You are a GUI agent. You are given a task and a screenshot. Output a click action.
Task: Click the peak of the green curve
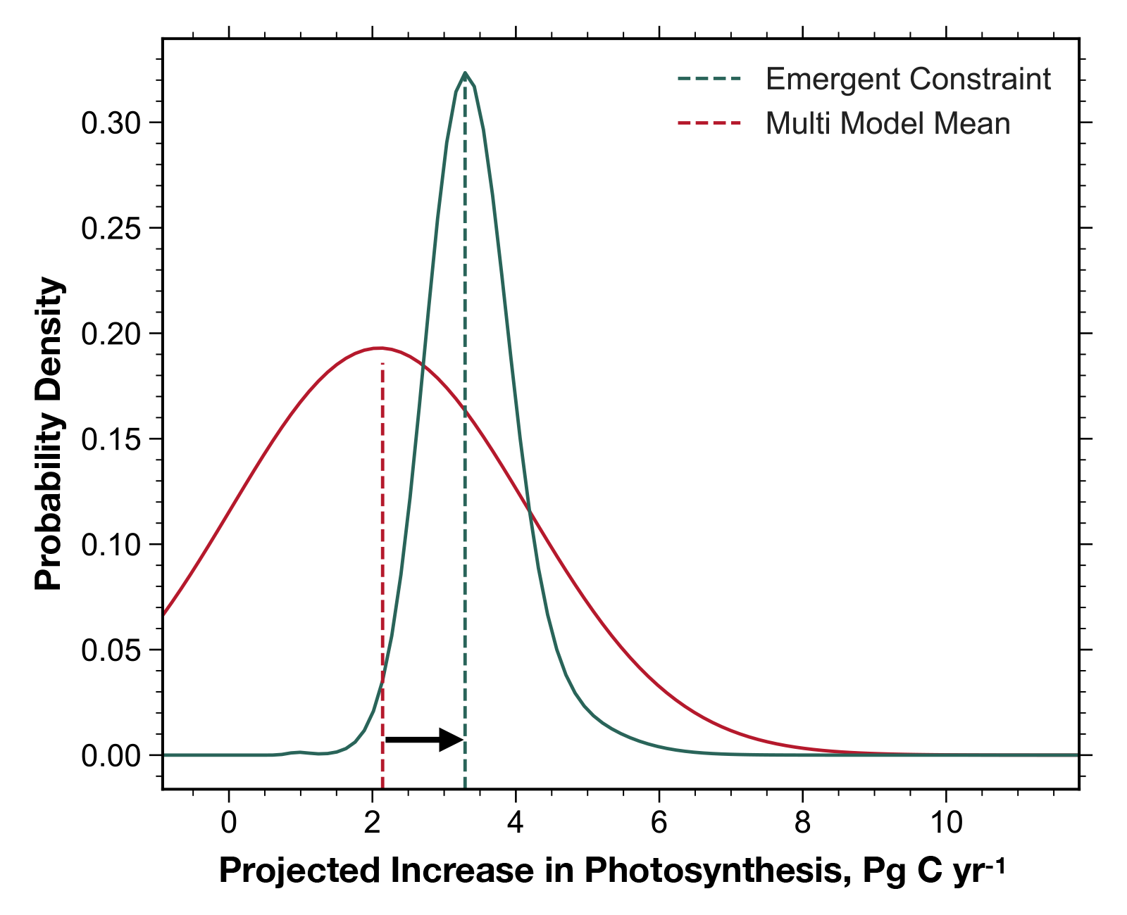[465, 73]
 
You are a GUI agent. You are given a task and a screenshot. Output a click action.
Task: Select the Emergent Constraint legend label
[908, 79]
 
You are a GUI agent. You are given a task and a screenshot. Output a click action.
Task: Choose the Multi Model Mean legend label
[888, 124]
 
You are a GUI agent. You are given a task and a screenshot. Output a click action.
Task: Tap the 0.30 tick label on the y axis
[111, 123]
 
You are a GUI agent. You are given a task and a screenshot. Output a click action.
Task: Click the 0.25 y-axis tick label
[111, 229]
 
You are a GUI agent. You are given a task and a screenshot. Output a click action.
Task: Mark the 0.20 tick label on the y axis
[111, 334]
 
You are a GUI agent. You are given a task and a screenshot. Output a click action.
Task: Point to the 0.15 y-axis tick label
[111, 439]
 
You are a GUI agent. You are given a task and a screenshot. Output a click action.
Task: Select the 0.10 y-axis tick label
[111, 545]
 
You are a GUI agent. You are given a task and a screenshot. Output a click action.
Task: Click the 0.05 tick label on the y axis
[111, 650]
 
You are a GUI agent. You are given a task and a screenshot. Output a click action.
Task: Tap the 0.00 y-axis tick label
[111, 756]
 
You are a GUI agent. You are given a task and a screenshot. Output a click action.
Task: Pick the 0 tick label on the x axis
[229, 822]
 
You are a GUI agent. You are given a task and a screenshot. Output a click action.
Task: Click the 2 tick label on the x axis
[373, 822]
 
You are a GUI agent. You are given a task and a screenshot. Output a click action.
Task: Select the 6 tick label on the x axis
[659, 822]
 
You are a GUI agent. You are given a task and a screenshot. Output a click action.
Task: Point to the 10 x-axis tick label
[946, 822]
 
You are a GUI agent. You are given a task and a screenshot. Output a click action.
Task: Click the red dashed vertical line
[382, 563]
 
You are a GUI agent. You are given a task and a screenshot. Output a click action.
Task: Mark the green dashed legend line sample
[709, 79]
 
